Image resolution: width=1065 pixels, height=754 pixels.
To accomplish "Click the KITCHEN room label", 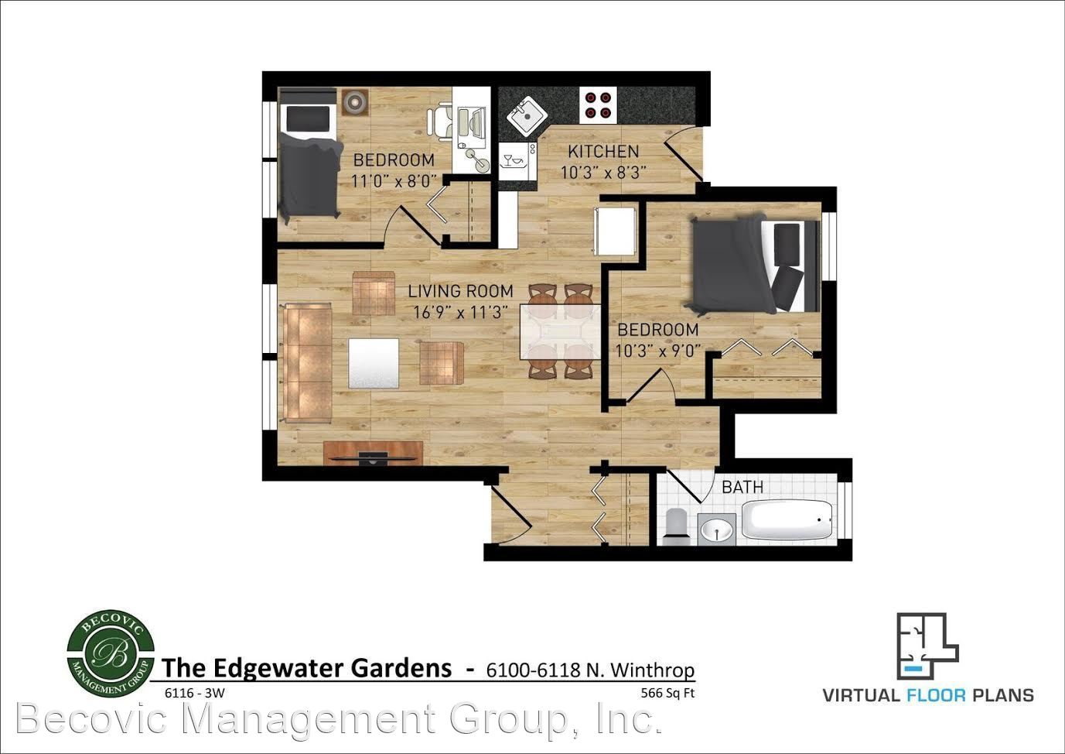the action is tap(603, 152).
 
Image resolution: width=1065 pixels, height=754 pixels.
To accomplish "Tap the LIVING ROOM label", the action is tap(461, 291).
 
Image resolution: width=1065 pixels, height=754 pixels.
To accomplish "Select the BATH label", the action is tap(742, 487).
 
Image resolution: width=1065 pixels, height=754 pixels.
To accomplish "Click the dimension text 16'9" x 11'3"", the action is tap(461, 312).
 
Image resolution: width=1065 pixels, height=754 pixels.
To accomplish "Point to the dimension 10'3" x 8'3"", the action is tap(603, 173).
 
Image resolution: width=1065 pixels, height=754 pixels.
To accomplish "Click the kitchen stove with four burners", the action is tap(598, 105).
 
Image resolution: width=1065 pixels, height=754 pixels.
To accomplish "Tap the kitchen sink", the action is tap(527, 115).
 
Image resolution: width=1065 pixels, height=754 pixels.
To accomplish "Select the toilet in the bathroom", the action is tap(675, 526).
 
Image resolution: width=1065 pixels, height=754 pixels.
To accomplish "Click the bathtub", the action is tap(787, 519).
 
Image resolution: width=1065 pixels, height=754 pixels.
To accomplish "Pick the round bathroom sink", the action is tap(717, 530).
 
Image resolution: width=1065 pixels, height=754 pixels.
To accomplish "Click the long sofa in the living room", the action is tap(308, 363).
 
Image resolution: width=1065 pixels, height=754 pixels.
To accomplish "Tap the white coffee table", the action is tap(374, 363).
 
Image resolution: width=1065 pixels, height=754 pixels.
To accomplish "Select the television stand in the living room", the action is tap(374, 453).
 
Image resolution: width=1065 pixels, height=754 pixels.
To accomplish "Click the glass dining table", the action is tap(561, 332).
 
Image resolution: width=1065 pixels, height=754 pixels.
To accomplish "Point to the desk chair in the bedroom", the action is tap(440, 122).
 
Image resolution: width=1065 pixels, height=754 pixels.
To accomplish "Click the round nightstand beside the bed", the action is tap(355, 102).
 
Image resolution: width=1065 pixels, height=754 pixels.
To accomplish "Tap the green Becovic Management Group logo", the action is tap(111, 654).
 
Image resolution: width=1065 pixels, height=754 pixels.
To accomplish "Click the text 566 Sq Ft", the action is tap(667, 694).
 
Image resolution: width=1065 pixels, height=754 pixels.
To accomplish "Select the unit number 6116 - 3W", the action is tap(194, 694).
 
